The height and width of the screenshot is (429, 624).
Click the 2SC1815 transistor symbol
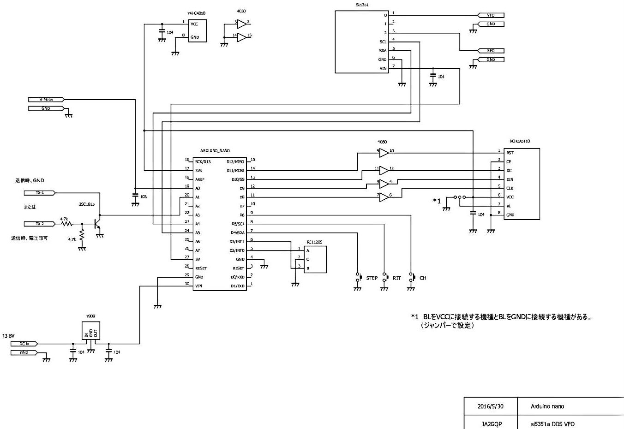(98, 224)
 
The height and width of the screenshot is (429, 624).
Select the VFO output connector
(491, 15)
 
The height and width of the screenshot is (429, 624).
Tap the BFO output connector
(491, 51)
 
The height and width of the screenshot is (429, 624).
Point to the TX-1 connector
(40, 193)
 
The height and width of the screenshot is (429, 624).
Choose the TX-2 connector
(40, 224)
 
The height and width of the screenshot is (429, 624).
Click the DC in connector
(24, 344)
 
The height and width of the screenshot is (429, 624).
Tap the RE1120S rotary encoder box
(315, 259)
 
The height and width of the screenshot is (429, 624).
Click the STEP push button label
(372, 278)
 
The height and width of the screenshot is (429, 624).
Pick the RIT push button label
(397, 278)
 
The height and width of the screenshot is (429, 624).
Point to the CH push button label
(423, 278)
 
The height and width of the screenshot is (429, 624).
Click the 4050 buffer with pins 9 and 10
(384, 153)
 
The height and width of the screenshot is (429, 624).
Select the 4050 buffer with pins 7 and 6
(384, 197)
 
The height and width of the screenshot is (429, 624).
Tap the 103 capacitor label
(144, 197)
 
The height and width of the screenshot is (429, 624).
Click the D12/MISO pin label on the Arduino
(235, 162)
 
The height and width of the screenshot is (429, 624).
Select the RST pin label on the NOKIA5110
(510, 153)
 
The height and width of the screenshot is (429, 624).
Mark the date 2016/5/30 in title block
(490, 406)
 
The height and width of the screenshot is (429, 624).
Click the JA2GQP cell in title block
(491, 424)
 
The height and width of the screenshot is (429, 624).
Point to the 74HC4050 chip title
(196, 13)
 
